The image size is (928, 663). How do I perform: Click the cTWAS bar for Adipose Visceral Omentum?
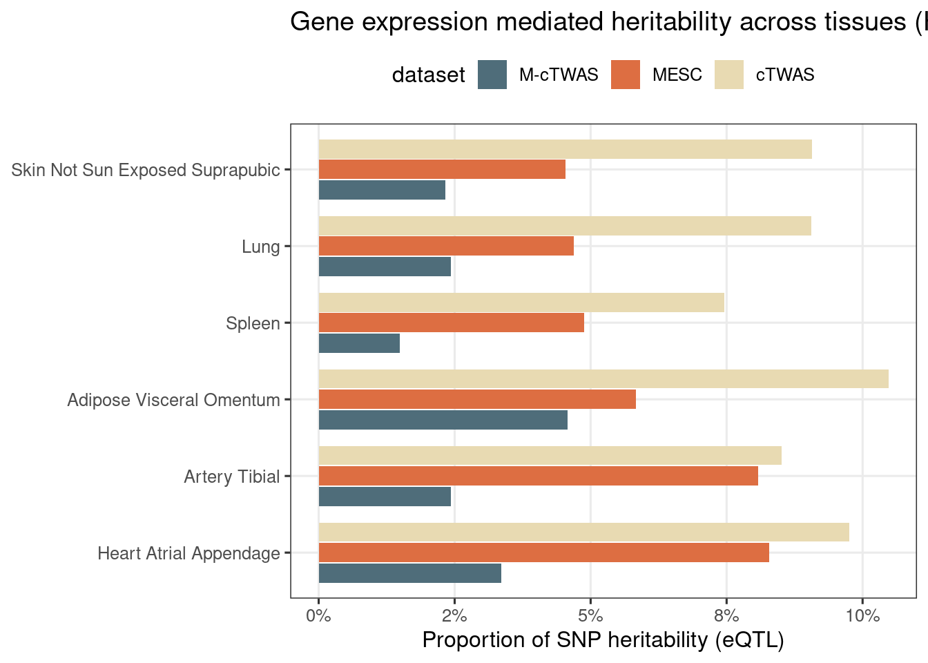[x=603, y=379]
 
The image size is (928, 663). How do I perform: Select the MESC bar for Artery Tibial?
[x=538, y=476]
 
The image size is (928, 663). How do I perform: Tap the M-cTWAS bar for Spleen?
[x=359, y=343]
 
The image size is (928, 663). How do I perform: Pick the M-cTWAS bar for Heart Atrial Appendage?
[x=409, y=573]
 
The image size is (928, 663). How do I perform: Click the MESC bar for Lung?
[x=446, y=246]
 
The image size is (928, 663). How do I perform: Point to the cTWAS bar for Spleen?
[x=521, y=302]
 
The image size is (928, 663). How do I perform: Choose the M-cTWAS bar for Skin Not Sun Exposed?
[x=382, y=190]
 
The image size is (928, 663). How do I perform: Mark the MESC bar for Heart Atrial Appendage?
[x=543, y=552]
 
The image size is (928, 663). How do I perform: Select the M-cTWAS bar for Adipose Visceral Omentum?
[x=443, y=420]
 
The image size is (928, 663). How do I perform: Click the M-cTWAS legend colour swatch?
[x=492, y=75]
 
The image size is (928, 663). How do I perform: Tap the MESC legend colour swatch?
[x=626, y=75]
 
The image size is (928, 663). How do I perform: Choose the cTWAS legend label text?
[x=785, y=75]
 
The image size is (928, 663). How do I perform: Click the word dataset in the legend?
[x=428, y=75]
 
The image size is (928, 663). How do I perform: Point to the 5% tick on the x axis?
[x=590, y=615]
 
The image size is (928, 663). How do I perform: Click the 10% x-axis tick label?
[x=862, y=615]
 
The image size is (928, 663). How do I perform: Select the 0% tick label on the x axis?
[x=318, y=615]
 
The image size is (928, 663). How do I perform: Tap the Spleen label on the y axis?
[x=253, y=323]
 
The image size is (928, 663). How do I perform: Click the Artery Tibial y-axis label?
[x=232, y=477]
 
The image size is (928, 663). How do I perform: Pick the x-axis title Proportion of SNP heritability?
[x=603, y=640]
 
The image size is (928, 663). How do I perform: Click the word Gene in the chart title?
[x=318, y=22]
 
